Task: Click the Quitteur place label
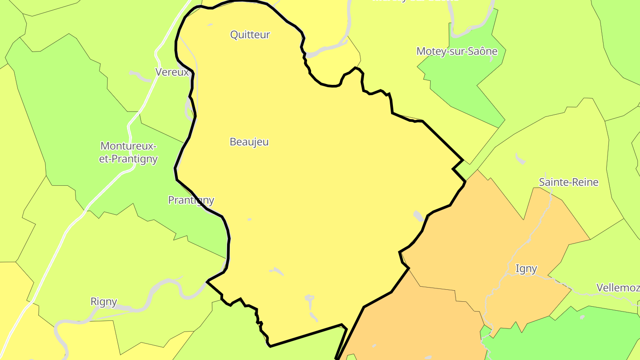pyautogui.click(x=250, y=35)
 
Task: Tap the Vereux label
pyautogui.click(x=172, y=72)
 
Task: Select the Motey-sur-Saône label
pyautogui.click(x=457, y=51)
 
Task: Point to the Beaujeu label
pyautogui.click(x=249, y=142)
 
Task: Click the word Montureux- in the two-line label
pyautogui.click(x=128, y=146)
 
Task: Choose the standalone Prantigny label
pyautogui.click(x=191, y=200)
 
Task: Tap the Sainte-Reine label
pyautogui.click(x=568, y=182)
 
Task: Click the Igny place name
pyautogui.click(x=526, y=268)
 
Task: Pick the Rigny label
pyautogui.click(x=104, y=302)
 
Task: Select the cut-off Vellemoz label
pyautogui.click(x=618, y=288)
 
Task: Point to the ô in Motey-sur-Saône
pyautogui.click(x=483, y=51)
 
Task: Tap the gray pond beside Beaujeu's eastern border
pyautogui.click(x=418, y=216)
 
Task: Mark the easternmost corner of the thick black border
pyautogui.click(x=465, y=181)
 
